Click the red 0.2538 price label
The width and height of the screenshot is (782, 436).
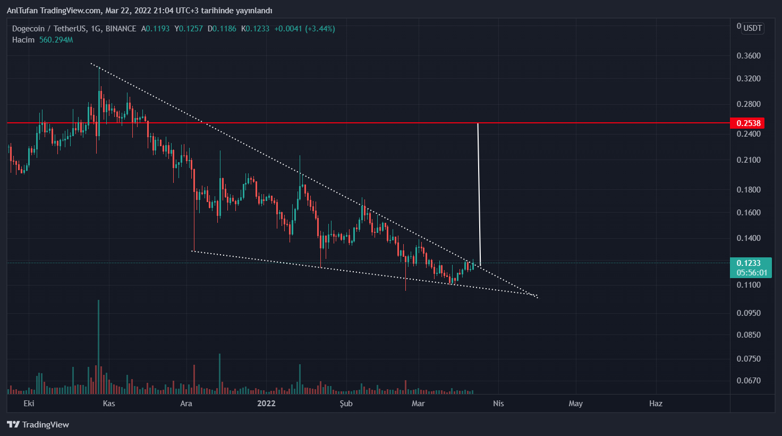pos(748,123)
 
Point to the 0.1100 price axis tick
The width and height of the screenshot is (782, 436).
pos(749,285)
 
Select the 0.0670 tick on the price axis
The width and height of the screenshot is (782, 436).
pos(749,381)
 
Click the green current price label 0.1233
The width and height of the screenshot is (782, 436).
pos(748,263)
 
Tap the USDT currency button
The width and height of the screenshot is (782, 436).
pos(752,28)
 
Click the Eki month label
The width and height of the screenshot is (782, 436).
pos(29,404)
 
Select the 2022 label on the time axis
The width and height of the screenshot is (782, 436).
pos(266,404)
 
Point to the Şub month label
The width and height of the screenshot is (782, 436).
pos(346,404)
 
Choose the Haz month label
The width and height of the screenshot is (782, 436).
pos(656,404)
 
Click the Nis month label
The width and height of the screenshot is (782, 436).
pos(498,404)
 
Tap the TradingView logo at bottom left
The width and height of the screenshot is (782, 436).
pos(38,424)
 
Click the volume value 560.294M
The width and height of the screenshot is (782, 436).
pos(56,40)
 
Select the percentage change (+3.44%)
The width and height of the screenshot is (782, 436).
pos(319,29)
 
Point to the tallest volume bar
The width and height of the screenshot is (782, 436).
pos(98,346)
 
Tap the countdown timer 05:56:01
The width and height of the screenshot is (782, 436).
pos(752,273)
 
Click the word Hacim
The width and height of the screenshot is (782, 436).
pos(23,40)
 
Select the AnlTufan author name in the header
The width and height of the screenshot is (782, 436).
pos(21,11)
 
